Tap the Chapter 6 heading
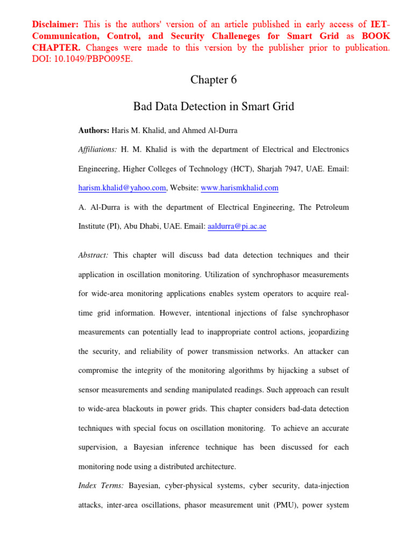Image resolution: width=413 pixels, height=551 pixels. point(213,80)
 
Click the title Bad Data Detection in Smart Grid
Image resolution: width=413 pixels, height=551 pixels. point(213,107)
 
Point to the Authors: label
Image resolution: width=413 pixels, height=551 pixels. point(94,131)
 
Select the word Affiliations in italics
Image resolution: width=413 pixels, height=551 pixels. point(97,149)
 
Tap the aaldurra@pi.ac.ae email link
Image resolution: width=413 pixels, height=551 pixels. point(237,227)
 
